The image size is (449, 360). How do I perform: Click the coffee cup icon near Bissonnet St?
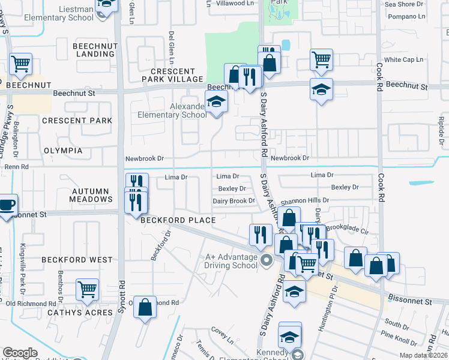7,205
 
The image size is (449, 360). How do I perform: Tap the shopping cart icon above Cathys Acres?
88,290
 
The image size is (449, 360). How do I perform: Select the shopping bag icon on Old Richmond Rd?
145,307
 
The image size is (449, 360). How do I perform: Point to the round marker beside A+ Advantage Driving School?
267,260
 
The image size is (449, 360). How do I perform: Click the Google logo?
20,353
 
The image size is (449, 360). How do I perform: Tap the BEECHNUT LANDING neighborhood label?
93,50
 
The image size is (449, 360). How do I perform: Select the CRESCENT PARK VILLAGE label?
173,75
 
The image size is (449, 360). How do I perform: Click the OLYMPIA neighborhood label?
63,151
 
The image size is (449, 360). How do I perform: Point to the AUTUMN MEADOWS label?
92,194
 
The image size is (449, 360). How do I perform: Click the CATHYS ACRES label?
80,313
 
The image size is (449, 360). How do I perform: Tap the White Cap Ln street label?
403,60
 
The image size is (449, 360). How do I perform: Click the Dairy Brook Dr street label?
234,201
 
